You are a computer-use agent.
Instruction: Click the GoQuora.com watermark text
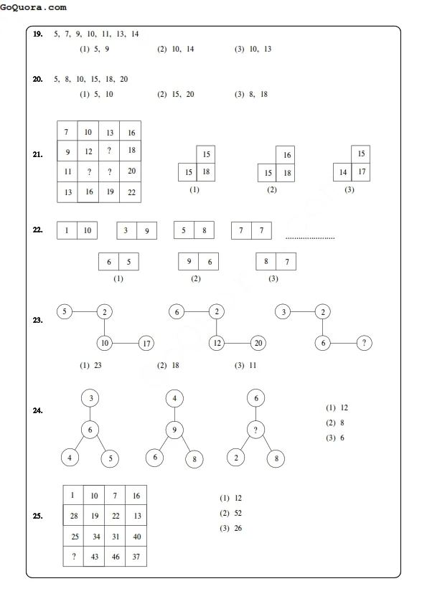34,7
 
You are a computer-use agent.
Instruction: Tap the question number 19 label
37,34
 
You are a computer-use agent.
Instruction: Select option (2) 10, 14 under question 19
176,49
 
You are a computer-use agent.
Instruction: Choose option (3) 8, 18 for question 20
251,94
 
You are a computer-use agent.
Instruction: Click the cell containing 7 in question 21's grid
67,133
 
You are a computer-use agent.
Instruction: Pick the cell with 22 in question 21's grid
131,192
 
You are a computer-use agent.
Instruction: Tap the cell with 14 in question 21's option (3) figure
343,173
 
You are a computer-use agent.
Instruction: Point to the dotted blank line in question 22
310,237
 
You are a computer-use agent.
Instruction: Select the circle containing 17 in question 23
146,344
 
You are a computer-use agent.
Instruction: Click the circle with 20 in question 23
259,344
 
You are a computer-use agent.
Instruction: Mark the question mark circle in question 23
365,344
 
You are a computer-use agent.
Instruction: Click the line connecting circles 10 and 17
126,344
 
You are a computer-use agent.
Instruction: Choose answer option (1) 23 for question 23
91,366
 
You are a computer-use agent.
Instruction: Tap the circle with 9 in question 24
174,430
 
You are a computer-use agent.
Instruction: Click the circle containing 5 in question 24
109,458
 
